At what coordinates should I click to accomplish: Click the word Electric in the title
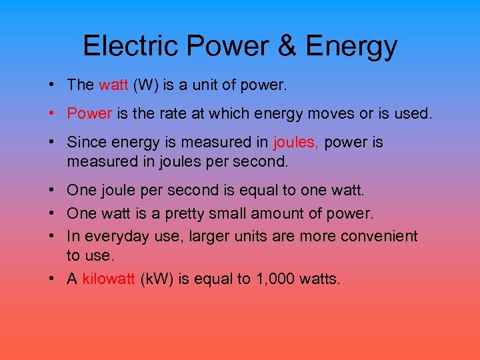[x=130, y=45]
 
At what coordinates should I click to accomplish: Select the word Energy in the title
[x=351, y=47]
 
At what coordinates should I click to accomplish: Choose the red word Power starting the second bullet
[x=89, y=113]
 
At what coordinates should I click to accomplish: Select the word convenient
[x=379, y=236]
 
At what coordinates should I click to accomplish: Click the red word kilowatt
[x=109, y=279]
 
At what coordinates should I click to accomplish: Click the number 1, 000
[x=276, y=279]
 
